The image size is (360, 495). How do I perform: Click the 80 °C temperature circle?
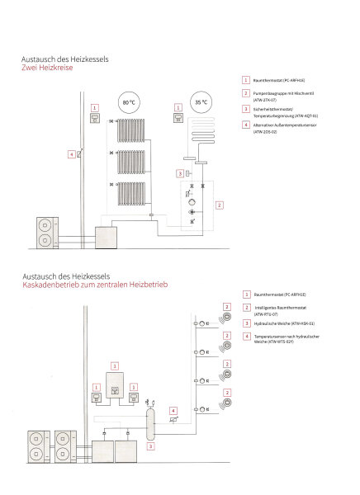(x=128, y=105)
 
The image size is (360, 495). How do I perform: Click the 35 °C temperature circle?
(x=200, y=105)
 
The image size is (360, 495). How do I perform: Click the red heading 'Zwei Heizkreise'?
(x=48, y=68)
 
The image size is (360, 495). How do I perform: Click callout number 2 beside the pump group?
(x=218, y=204)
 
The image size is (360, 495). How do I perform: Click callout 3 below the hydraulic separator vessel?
(x=150, y=445)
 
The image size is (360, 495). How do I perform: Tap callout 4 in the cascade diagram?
(x=173, y=410)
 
